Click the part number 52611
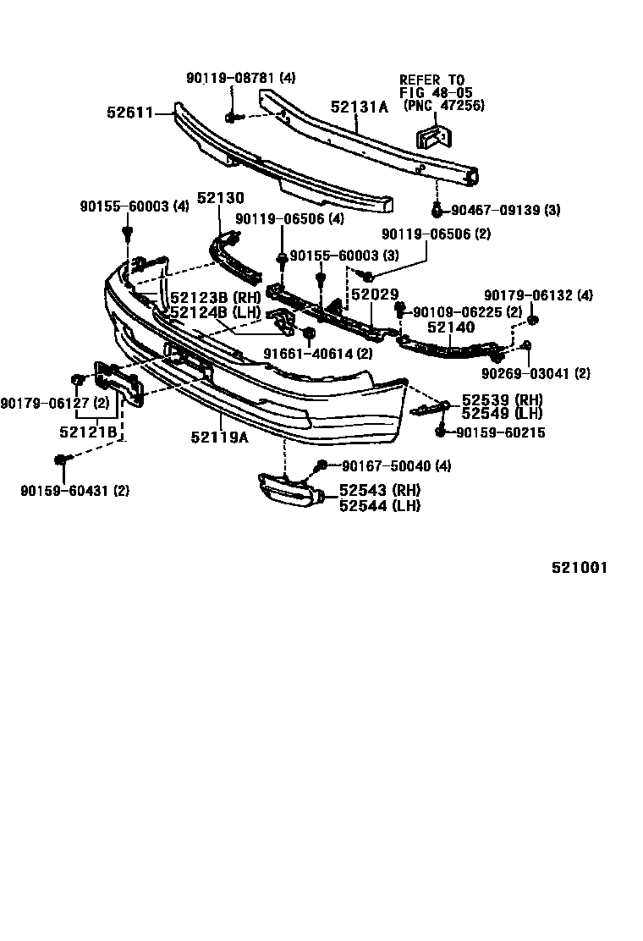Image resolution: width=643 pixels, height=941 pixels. [x=129, y=111]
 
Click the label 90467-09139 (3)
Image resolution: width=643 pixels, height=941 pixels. [x=505, y=210]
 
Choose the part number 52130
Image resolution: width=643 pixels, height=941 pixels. [x=220, y=198]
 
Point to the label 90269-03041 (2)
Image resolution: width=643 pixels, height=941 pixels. [x=536, y=372]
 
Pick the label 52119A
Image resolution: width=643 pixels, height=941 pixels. [x=218, y=437]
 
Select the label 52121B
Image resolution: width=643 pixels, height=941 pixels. [x=88, y=432]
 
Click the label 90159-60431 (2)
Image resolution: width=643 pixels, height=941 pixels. [x=74, y=489]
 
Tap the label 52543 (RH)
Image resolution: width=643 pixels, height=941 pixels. [x=379, y=490]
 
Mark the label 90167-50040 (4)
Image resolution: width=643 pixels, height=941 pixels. [x=396, y=465]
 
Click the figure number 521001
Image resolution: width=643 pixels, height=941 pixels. [x=580, y=568]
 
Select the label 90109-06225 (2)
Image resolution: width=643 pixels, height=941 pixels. [x=467, y=311]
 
